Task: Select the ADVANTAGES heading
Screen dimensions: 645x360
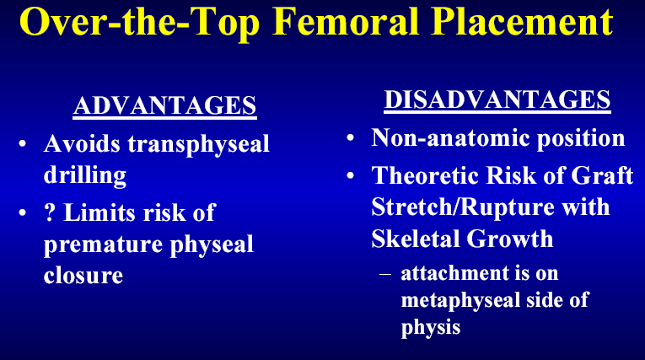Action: point(165,105)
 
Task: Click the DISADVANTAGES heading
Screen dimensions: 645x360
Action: point(497,99)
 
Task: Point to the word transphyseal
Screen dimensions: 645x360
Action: point(198,145)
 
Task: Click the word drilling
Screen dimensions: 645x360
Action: point(85,175)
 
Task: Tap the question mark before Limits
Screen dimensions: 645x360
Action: point(50,212)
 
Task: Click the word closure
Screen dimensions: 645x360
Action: point(83,275)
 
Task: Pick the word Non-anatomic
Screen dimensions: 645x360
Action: point(451,137)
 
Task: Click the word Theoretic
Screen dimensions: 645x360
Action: point(425,175)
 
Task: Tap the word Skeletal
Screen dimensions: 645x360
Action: point(416,239)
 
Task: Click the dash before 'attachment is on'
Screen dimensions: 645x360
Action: point(385,274)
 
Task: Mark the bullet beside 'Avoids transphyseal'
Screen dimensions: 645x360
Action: point(22,144)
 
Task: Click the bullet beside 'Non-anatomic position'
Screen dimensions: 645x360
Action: point(350,137)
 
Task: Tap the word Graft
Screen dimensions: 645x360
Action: point(602,175)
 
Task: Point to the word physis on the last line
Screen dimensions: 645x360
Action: point(431,328)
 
